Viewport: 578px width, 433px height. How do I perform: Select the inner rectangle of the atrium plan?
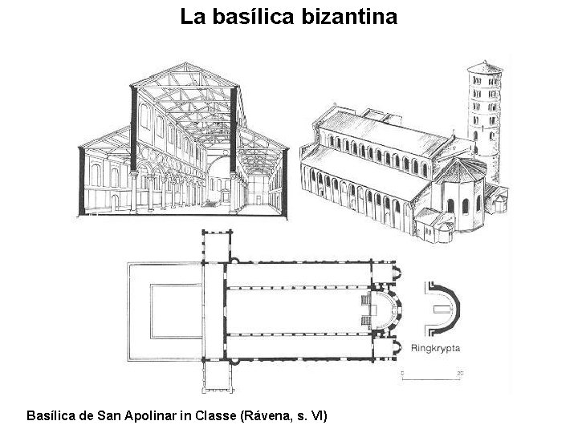[173, 309]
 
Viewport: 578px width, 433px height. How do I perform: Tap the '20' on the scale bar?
[459, 373]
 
